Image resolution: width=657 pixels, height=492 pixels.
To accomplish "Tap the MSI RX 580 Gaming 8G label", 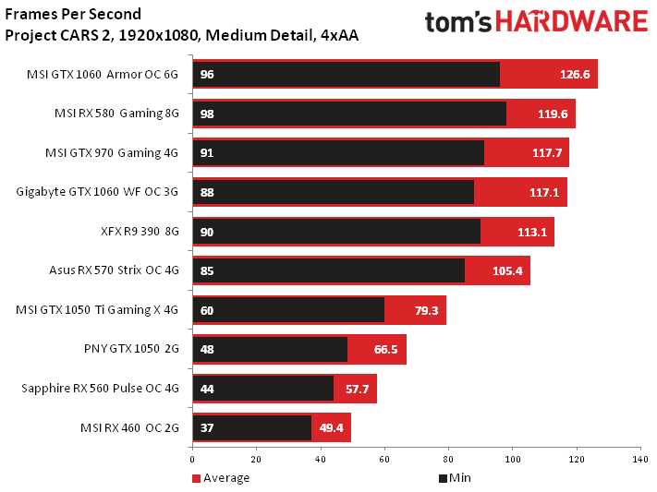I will pos(116,114).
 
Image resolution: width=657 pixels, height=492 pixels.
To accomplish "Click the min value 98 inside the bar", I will pos(207,114).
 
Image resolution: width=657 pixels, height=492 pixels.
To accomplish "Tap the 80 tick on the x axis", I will pos(448,458).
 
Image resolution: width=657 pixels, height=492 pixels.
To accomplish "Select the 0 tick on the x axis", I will pos(192,458).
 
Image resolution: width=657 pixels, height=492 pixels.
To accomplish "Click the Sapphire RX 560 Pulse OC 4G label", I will pos(99,389).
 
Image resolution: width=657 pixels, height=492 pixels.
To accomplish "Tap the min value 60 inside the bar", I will pos(207,310).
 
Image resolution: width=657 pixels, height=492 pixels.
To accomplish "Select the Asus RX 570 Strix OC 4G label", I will pos(113,270).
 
